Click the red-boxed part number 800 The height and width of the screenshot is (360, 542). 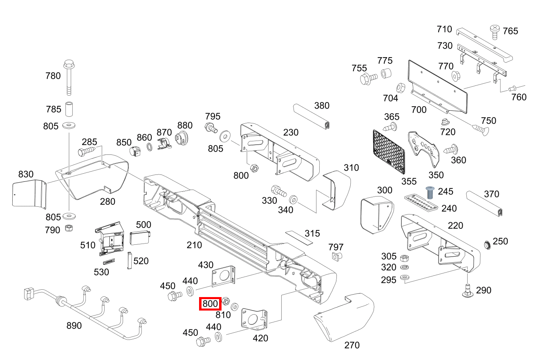210,304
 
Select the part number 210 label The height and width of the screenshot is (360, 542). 194,245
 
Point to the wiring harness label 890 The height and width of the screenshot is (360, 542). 74,326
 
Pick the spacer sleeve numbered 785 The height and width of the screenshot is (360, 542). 69,109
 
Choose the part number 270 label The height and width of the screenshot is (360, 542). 352,345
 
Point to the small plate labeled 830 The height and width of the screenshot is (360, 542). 29,193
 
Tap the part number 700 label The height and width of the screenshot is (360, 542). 419,110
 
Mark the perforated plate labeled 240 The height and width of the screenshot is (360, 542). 421,203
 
